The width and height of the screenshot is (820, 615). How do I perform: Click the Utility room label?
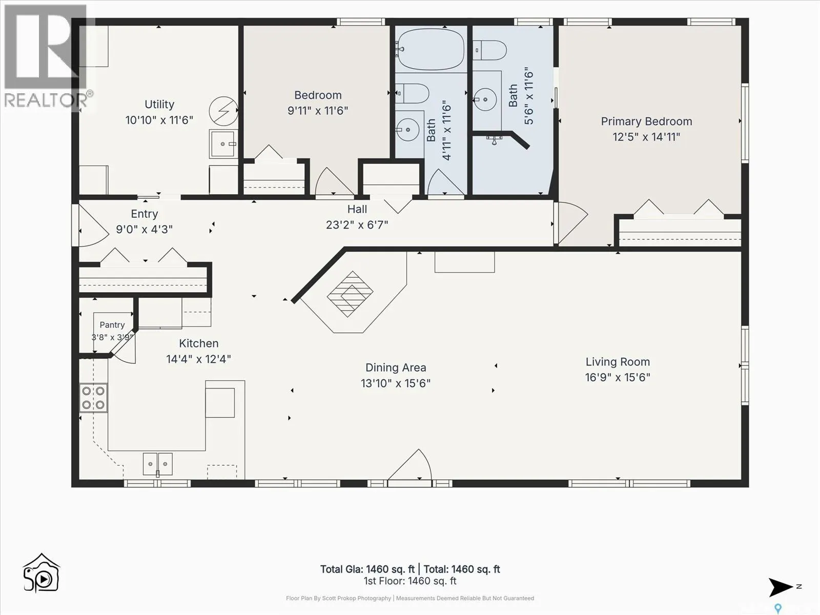click(x=159, y=104)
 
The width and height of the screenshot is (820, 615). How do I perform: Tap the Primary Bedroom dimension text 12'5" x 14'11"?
click(x=646, y=137)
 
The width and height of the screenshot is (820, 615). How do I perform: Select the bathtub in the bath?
click(x=430, y=49)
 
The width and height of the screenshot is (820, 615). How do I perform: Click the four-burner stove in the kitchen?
click(x=93, y=398)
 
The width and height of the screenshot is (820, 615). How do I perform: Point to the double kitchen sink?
click(x=158, y=464)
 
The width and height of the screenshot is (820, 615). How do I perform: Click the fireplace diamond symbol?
click(x=350, y=294)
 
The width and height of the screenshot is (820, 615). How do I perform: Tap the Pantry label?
click(x=112, y=325)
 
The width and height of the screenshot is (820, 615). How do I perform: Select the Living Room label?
click(x=618, y=362)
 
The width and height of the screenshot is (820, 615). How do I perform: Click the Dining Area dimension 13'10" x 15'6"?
click(x=396, y=383)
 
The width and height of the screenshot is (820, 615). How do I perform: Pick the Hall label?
click(x=357, y=209)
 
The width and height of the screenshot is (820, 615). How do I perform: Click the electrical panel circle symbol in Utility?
click(x=223, y=111)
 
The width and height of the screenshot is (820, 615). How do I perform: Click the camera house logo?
click(x=41, y=573)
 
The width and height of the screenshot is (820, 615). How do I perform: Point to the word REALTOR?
click(x=45, y=100)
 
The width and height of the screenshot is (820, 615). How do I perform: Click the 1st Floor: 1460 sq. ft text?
click(x=410, y=581)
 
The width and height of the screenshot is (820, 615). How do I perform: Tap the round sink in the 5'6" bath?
click(x=485, y=99)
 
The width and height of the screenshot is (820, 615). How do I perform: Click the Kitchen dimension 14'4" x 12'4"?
click(x=198, y=359)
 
